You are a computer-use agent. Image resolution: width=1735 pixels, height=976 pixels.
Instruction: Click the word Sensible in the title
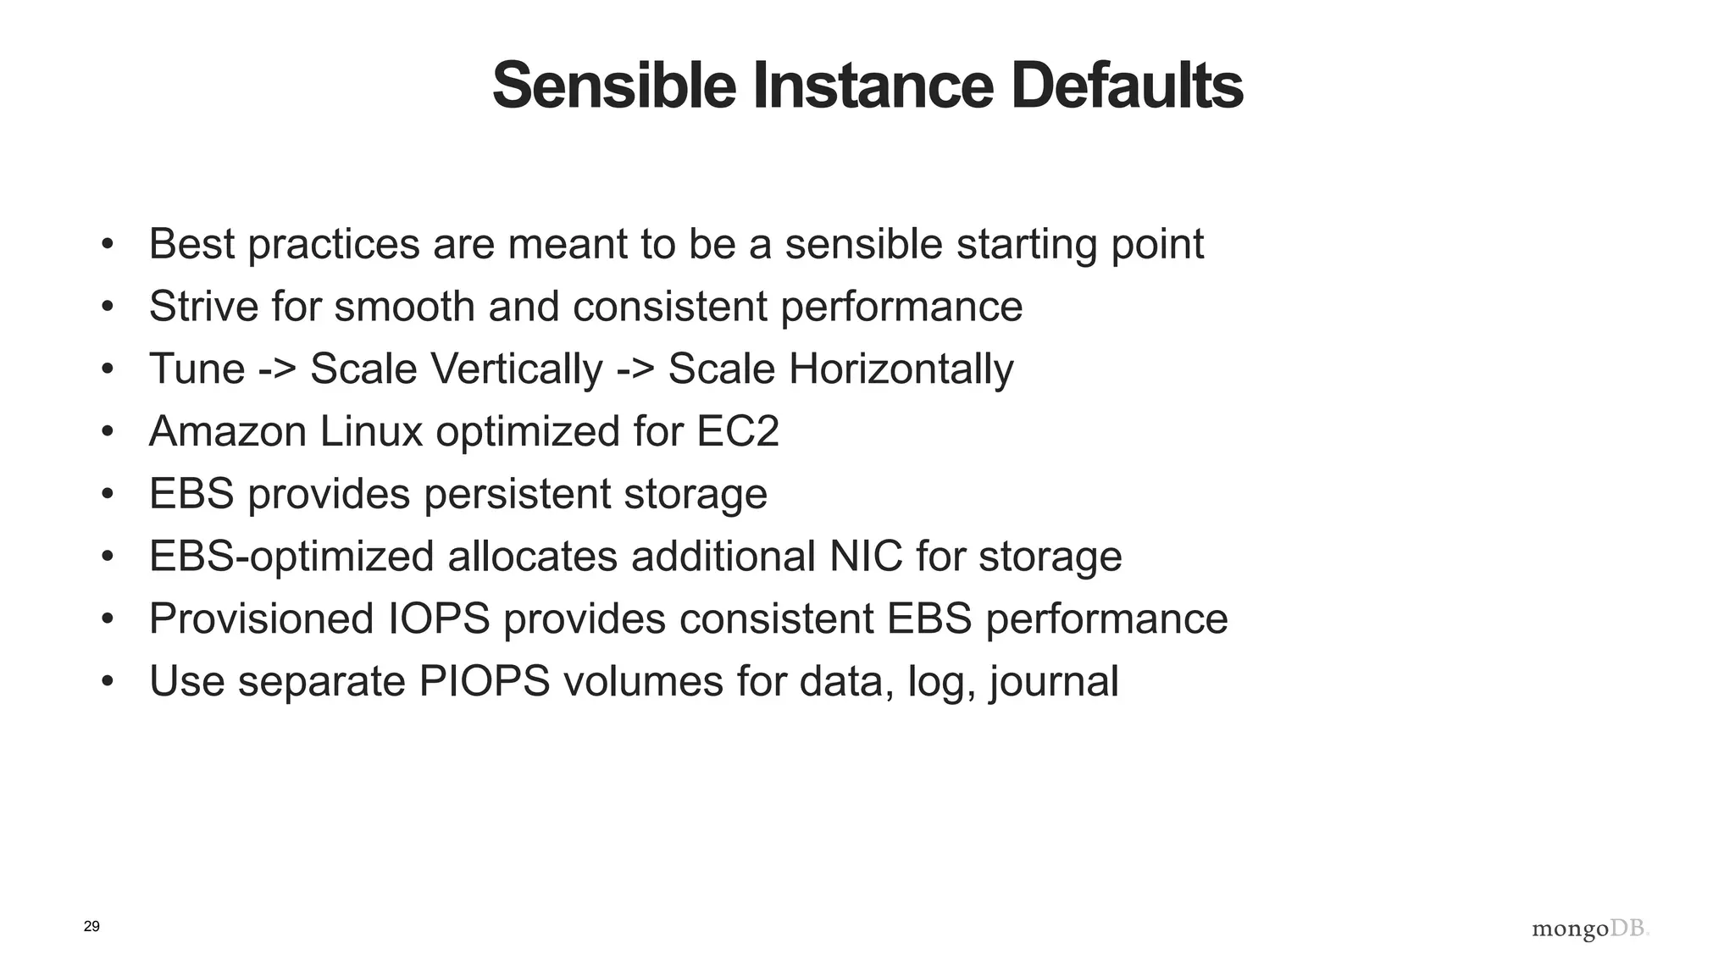click(613, 86)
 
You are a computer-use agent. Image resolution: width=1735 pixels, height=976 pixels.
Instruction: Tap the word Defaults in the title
click(1126, 86)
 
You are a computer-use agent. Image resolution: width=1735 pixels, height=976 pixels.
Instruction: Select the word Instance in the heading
click(873, 86)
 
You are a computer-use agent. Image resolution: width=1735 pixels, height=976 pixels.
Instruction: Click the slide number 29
click(91, 926)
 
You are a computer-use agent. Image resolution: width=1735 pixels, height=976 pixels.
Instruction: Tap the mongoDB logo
click(1590, 929)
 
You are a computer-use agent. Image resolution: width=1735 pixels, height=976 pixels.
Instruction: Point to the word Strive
click(203, 306)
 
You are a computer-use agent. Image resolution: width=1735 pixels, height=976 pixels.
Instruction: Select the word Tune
click(197, 369)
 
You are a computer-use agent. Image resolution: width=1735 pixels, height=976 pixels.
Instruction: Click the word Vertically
click(516, 369)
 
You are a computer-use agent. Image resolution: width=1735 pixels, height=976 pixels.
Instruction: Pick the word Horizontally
click(900, 369)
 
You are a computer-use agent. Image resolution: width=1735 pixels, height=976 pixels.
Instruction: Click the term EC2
click(737, 431)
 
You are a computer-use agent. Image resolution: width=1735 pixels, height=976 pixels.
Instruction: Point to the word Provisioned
click(261, 618)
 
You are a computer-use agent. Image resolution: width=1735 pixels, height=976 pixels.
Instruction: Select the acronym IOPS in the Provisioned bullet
click(439, 618)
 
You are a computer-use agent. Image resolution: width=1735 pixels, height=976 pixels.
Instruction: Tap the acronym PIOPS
click(485, 681)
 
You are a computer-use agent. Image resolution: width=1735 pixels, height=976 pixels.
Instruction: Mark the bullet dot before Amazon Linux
click(107, 432)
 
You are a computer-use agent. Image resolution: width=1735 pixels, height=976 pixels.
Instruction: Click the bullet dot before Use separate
click(107, 682)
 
